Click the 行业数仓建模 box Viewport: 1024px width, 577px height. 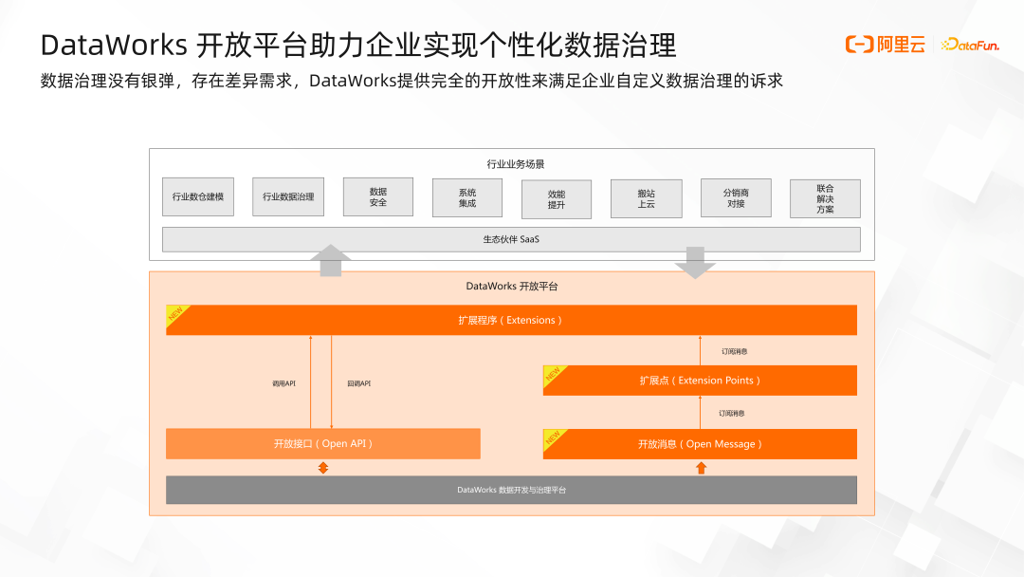pyautogui.click(x=198, y=196)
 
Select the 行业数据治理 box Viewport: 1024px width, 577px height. pyautogui.click(x=288, y=196)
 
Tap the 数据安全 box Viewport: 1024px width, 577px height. pyautogui.click(x=378, y=196)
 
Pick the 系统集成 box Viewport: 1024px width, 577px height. pyautogui.click(x=467, y=197)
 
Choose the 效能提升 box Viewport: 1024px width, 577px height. pyautogui.click(x=557, y=198)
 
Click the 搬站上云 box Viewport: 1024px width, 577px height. pyautogui.click(x=647, y=198)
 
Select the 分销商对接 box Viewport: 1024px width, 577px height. pyautogui.click(x=736, y=197)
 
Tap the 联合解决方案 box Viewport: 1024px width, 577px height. pyautogui.click(x=825, y=198)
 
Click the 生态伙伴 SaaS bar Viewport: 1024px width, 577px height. pyautogui.click(x=511, y=239)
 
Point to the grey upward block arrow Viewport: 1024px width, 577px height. pyautogui.click(x=330, y=260)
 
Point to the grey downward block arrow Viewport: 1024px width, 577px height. pyautogui.click(x=695, y=262)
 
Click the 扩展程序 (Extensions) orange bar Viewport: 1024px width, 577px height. pyautogui.click(x=511, y=320)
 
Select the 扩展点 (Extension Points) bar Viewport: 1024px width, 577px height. pyautogui.click(x=700, y=381)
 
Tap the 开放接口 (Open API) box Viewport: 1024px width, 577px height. pyautogui.click(x=323, y=443)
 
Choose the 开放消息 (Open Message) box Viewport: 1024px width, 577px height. pyautogui.click(x=700, y=443)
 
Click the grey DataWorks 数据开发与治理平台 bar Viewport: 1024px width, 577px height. pyautogui.click(x=511, y=490)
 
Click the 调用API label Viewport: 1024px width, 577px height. pyautogui.click(x=283, y=383)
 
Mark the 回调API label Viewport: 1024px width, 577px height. pyautogui.click(x=358, y=383)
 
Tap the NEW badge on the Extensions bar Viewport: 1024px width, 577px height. pyautogui.click(x=177, y=314)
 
